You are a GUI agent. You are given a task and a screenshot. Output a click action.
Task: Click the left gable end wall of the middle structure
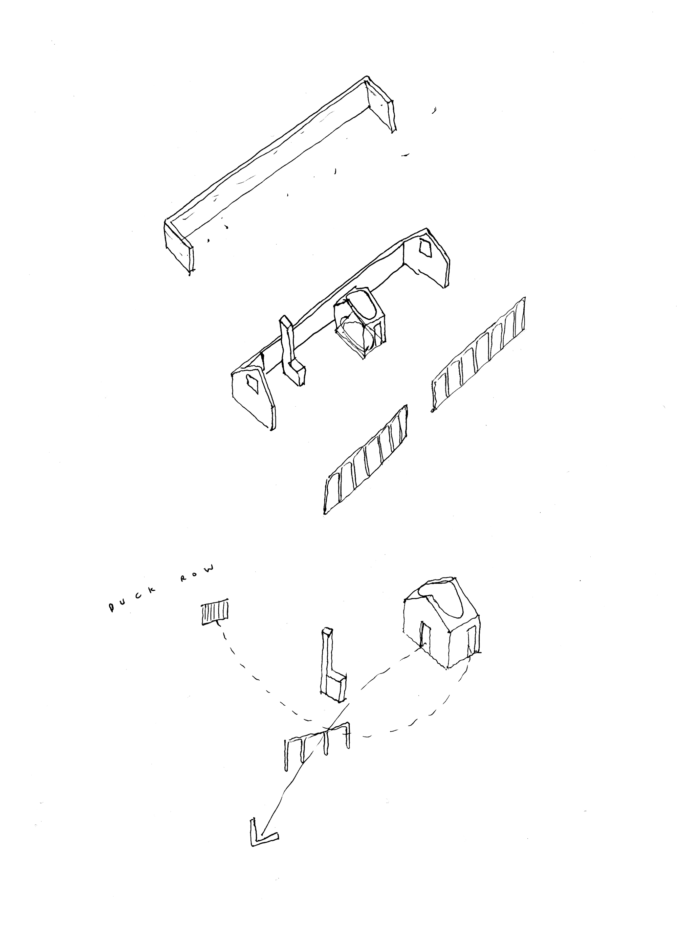253,394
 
